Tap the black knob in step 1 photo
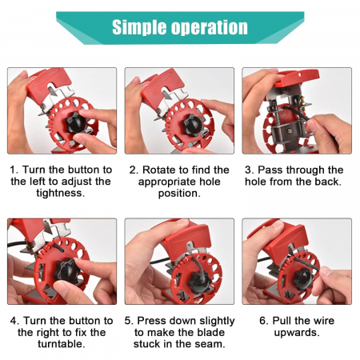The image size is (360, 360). (x=75, y=123)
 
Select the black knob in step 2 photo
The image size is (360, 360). (x=193, y=126)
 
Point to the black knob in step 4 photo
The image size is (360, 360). (x=66, y=270)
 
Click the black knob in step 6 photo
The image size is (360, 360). (x=302, y=279)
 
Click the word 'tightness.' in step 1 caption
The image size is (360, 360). (x=61, y=193)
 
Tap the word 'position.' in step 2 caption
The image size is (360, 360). (x=179, y=193)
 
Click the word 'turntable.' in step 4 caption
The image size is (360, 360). (x=62, y=344)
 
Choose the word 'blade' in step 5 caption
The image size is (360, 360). (x=211, y=332)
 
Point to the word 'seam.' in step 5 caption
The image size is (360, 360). (x=210, y=344)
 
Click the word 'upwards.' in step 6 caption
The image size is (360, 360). (x=297, y=333)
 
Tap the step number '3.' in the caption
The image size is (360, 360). (x=249, y=170)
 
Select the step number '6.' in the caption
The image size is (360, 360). (x=264, y=321)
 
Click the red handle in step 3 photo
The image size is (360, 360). (x=297, y=77)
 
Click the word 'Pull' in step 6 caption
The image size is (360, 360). (x=282, y=321)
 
